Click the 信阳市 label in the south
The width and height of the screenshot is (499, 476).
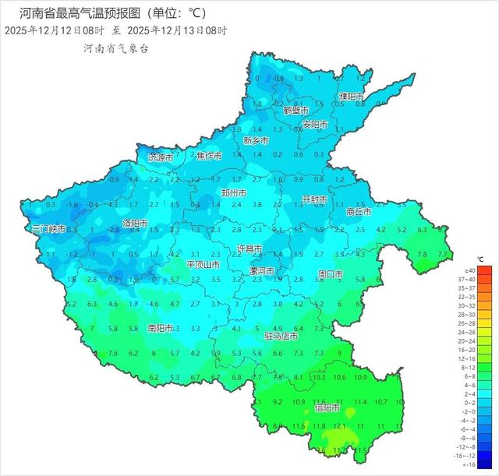(x=327, y=407)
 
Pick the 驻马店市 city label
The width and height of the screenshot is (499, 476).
(x=281, y=337)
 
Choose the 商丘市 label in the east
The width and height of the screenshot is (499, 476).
(x=359, y=211)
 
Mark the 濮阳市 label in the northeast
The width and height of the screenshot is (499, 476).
(x=352, y=96)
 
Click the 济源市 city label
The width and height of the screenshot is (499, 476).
(x=161, y=157)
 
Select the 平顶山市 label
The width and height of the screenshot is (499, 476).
(x=207, y=265)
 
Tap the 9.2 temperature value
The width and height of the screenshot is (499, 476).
(x=278, y=402)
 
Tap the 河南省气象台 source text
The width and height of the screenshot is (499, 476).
(x=116, y=48)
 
